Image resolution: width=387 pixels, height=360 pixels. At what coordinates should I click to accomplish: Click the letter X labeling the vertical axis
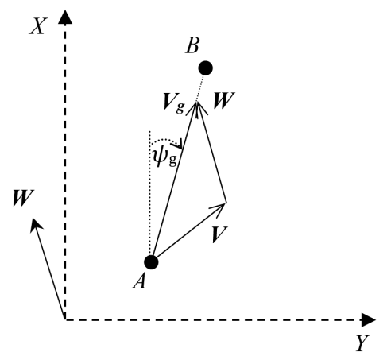pos(38,26)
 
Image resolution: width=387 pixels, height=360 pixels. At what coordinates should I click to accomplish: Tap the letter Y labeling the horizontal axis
pos(362,343)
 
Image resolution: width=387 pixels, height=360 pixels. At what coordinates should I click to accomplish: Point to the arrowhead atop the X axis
pos(65,17)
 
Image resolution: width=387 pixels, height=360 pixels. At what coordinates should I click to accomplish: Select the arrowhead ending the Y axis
pos(369,319)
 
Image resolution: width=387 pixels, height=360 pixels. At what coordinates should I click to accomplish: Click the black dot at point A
pos(151,262)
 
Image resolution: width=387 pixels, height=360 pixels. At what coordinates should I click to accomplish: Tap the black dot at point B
pos(206,68)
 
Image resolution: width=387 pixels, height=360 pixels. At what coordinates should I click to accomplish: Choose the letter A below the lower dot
pos(139,281)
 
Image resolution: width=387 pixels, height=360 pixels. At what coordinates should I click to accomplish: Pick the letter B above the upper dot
pos(192,45)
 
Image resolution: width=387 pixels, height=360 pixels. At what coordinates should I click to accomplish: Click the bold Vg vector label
pos(174,103)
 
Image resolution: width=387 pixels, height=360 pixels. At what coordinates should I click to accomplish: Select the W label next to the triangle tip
pos(224,101)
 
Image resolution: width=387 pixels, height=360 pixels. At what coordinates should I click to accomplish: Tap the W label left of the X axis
pos(23,198)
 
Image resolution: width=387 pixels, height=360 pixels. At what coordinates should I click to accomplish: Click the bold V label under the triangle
pos(219,234)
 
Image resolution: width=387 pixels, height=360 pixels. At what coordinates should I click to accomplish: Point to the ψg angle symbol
pos(164,158)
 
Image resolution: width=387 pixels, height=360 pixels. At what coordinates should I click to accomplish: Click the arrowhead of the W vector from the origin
pos(35,225)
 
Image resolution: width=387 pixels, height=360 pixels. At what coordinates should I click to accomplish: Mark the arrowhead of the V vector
pos(219,209)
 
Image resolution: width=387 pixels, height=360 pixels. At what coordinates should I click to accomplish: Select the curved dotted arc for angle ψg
pos(166,141)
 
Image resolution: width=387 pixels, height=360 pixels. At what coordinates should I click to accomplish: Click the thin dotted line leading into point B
pos(200,88)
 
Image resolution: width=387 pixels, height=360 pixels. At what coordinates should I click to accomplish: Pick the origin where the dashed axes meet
pos(65,319)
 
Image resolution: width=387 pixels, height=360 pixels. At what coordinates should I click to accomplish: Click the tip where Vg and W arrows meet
pos(196,103)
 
